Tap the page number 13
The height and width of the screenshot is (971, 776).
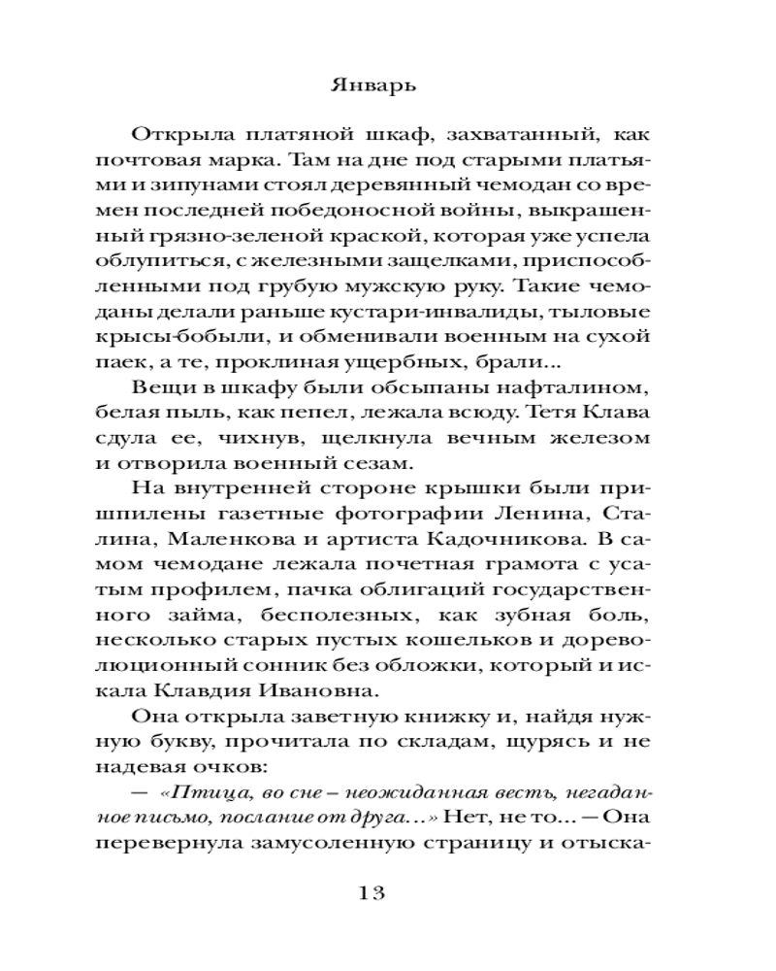point(387,892)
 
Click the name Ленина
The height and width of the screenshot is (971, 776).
point(501,514)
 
